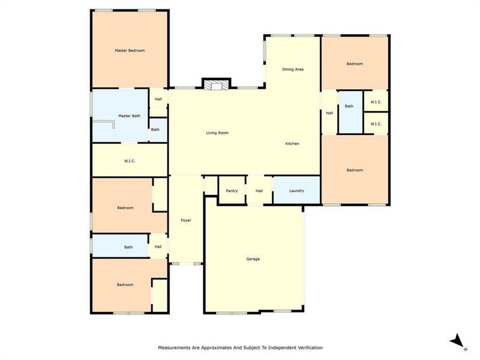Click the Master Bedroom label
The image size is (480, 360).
pyautogui.click(x=130, y=50)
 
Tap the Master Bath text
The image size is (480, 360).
pyautogui.click(x=129, y=116)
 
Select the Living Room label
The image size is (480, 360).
pyautogui.click(x=217, y=133)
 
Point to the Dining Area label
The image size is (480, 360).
pyautogui.click(x=293, y=70)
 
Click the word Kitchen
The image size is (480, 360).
pyautogui.click(x=292, y=143)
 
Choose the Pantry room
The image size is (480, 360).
pyautogui.click(x=232, y=191)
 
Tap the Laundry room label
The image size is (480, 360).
pyautogui.click(x=296, y=191)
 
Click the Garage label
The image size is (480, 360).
pyautogui.click(x=253, y=259)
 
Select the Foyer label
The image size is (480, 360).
pyautogui.click(x=186, y=221)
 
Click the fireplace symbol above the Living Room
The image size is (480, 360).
pyautogui.click(x=215, y=86)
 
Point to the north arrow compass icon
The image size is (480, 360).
pyautogui.click(x=457, y=341)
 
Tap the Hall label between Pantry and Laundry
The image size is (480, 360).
pyautogui.click(x=259, y=191)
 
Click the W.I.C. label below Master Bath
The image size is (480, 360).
pyautogui.click(x=129, y=161)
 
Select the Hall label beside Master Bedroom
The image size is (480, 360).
pyautogui.click(x=158, y=99)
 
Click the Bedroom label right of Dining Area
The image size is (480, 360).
pyautogui.click(x=355, y=64)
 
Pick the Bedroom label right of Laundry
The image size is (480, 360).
pyautogui.click(x=355, y=170)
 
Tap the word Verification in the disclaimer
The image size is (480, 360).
pyautogui.click(x=307, y=347)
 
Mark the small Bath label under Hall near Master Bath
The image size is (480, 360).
pyautogui.click(x=155, y=130)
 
